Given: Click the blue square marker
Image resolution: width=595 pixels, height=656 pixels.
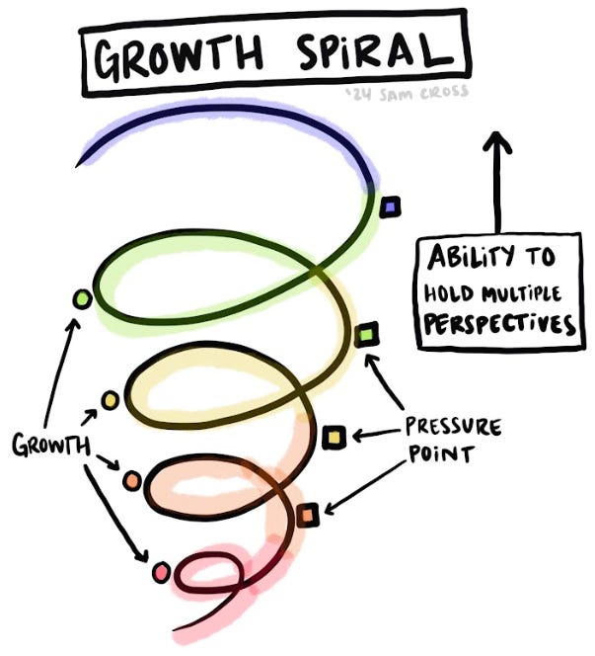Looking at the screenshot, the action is [x=391, y=206].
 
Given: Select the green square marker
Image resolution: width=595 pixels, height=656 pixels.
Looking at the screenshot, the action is [x=367, y=336].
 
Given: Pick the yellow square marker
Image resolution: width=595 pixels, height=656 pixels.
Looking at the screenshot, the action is [x=334, y=436].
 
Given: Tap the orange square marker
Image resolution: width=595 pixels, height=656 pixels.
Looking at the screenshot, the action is [x=309, y=515].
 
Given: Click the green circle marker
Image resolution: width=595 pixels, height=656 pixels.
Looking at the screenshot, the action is [x=82, y=297].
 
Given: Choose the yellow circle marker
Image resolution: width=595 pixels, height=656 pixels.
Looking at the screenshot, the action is [x=110, y=400].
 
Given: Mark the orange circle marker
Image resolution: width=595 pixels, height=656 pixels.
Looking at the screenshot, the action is [x=132, y=481].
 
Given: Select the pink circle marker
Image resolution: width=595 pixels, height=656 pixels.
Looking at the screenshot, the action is [x=161, y=571].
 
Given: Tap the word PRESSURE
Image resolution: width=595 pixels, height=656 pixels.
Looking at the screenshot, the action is [x=453, y=428].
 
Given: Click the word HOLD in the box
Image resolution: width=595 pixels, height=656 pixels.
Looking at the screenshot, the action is [x=450, y=292].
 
